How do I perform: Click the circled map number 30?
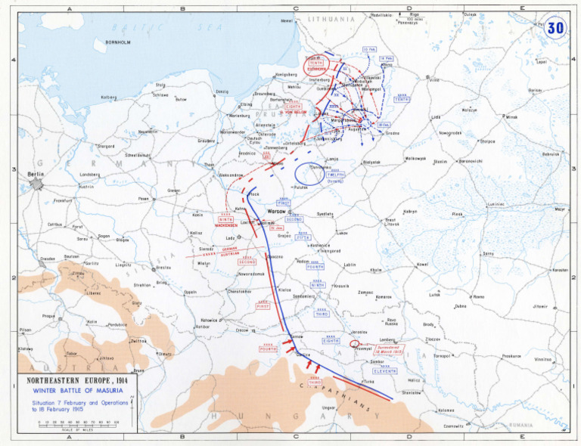click(555, 28)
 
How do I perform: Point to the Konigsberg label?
click(285, 75)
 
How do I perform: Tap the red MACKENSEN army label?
click(226, 225)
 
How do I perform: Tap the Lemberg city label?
click(387, 340)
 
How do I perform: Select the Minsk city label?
click(512, 117)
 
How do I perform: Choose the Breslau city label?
click(163, 268)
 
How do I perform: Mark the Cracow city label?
click(242, 330)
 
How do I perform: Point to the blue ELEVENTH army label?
click(384, 371)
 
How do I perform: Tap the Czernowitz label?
click(453, 426)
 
